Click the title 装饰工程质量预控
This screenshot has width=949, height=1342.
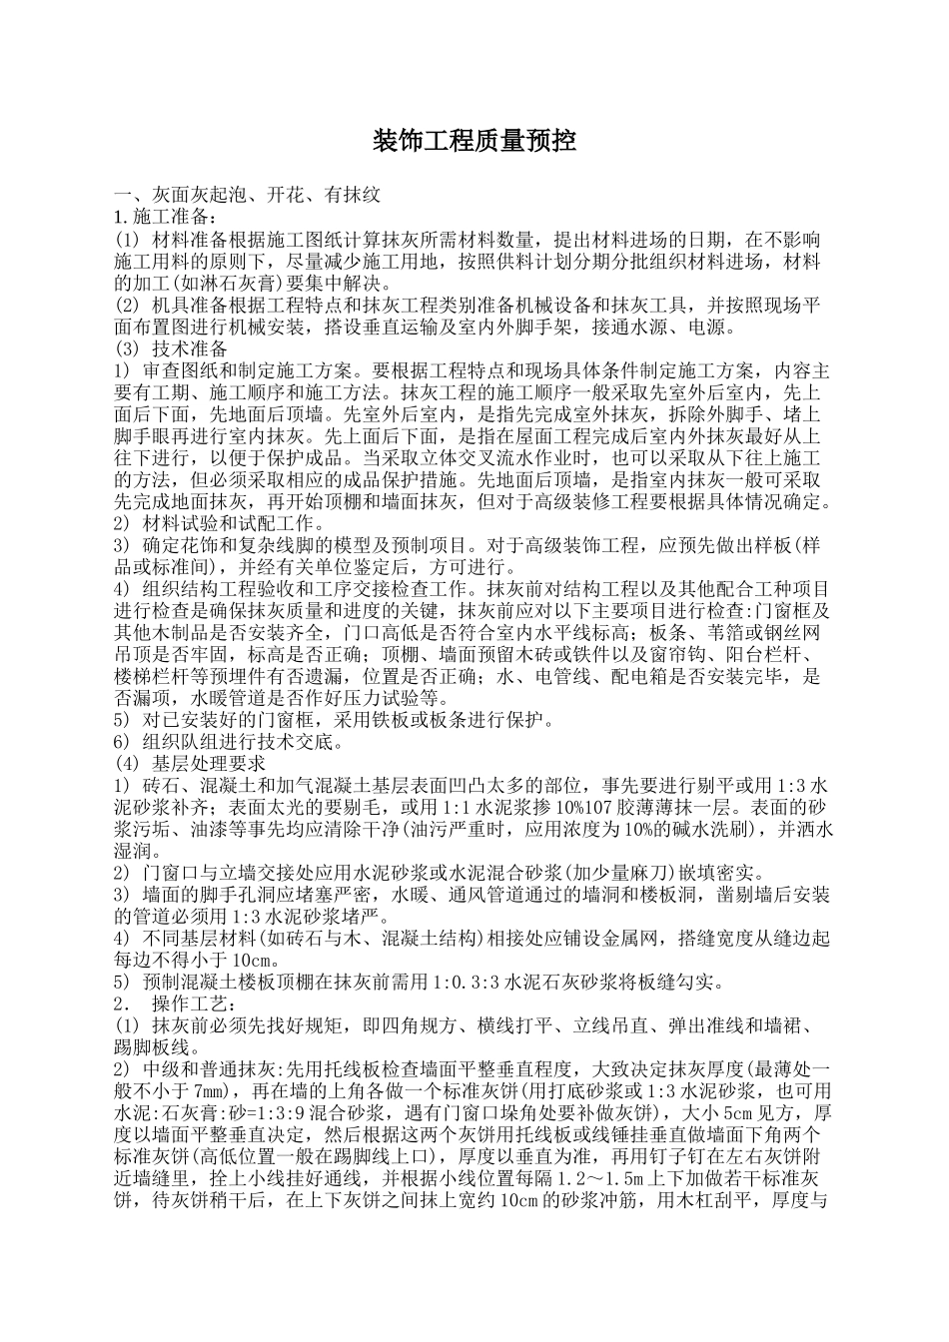(474, 141)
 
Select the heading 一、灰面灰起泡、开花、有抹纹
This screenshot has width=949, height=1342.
(247, 196)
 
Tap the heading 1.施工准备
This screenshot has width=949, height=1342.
(165, 217)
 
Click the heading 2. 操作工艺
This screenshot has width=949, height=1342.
(175, 1003)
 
